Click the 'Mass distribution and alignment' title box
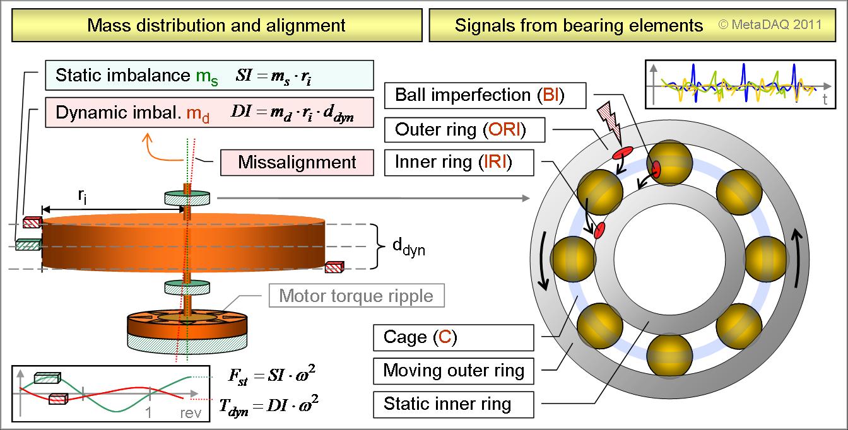(216, 25)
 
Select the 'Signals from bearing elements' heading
(579, 25)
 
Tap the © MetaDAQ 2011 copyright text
(770, 25)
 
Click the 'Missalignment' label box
(297, 162)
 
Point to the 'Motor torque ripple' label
(356, 296)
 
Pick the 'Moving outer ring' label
(454, 370)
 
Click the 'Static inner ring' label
(447, 403)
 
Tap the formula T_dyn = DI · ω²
(268, 405)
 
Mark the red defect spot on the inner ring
(600, 230)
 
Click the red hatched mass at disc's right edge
(333, 269)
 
